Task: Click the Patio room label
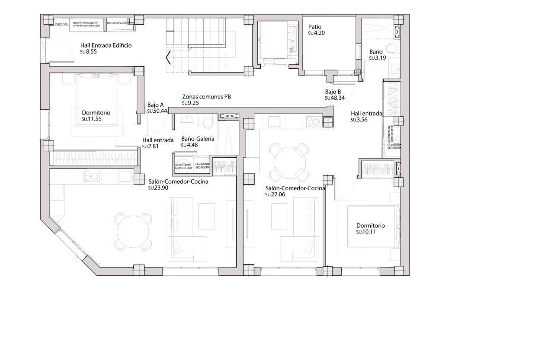314,27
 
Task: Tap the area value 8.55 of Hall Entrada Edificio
91,51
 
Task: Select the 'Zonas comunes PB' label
206,97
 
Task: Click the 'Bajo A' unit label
155,105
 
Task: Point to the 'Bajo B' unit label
333,92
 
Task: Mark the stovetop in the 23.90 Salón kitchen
92,176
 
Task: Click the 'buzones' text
61,24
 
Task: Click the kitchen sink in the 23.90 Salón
125,176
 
